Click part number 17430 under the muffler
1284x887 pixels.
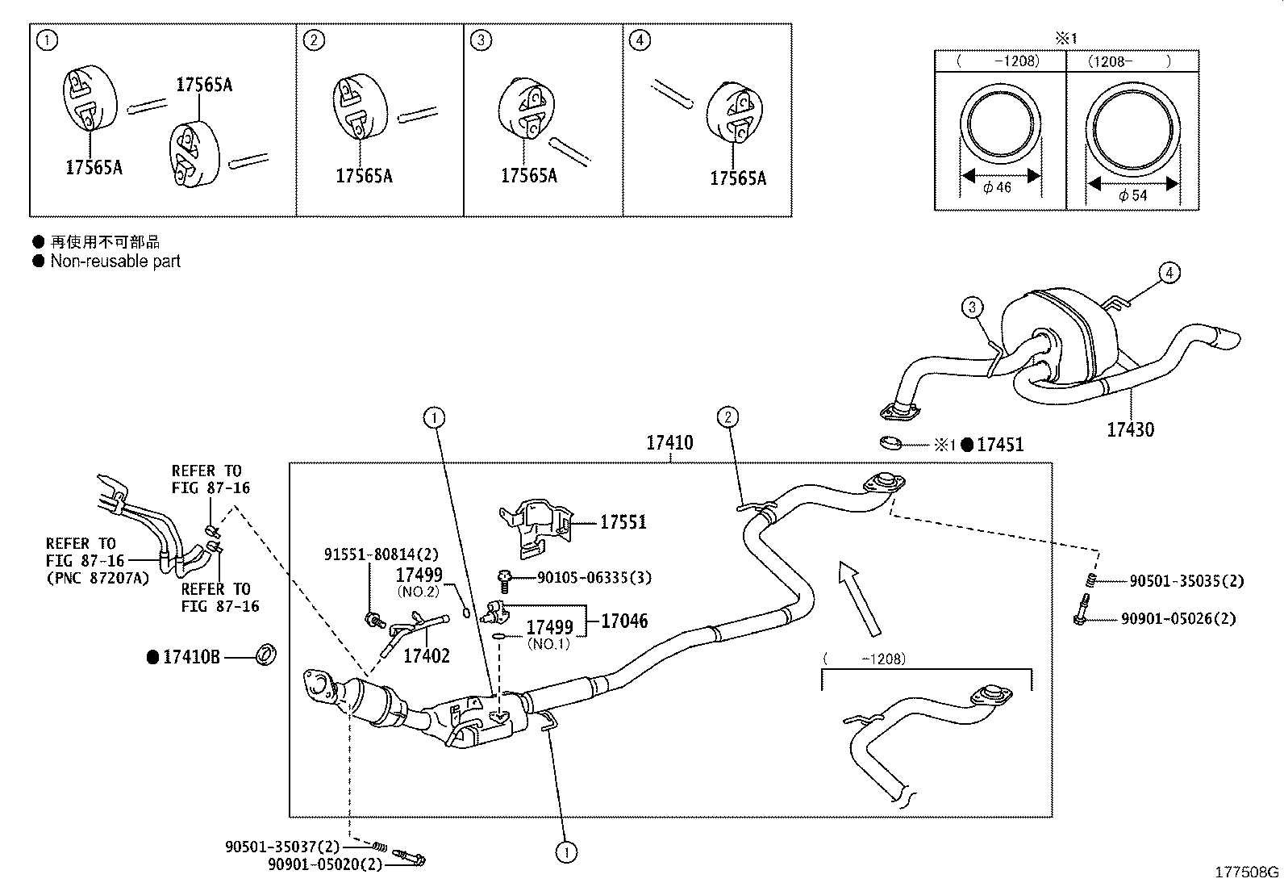[x=1129, y=429]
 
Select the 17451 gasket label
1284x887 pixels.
[x=1000, y=445]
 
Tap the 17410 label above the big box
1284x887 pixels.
[x=669, y=442]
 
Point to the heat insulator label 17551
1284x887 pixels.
[x=623, y=522]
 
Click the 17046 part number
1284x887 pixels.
[x=624, y=621]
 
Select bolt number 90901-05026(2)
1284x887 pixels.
[x=1178, y=619]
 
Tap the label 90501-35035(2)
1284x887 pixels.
[x=1186, y=581]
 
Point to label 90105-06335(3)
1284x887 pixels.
[x=594, y=578]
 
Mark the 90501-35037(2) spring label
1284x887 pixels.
[x=282, y=847]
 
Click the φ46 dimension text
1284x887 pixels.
[x=998, y=187]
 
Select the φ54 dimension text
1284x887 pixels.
[x=1132, y=195]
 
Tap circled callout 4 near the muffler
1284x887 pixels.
[x=1169, y=273]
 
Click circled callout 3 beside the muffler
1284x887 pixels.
[x=973, y=307]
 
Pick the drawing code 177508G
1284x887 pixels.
[x=1247, y=872]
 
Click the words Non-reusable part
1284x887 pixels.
[x=115, y=261]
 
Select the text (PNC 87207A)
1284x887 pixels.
[x=98, y=577]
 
